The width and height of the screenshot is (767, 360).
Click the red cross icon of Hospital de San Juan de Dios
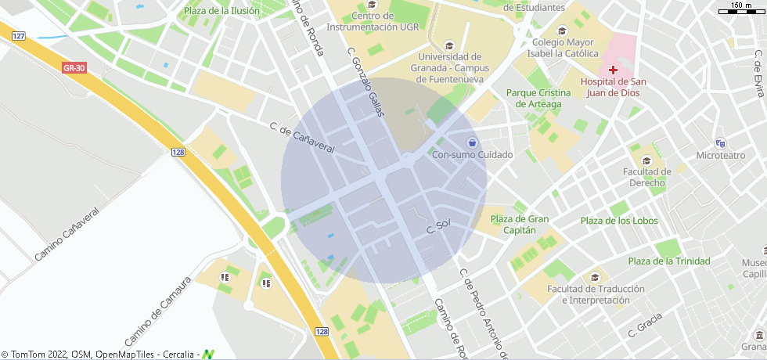(613, 70)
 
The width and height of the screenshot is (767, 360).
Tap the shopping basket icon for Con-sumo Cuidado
(472, 142)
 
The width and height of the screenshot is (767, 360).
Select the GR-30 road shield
(74, 68)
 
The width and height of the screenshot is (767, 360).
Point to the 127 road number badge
(20, 36)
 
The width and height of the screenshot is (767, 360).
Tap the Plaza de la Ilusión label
(221, 11)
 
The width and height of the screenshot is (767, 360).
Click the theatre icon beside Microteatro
(721, 143)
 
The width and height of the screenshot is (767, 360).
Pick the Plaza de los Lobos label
(619, 221)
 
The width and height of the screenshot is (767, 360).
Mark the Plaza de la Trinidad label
(669, 261)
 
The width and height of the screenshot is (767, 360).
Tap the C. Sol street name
(439, 228)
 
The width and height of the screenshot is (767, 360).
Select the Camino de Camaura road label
(157, 311)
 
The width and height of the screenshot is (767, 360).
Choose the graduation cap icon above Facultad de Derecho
(636, 149)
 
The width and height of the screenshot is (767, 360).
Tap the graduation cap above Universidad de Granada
(448, 45)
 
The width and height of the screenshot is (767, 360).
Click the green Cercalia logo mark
(208, 354)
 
